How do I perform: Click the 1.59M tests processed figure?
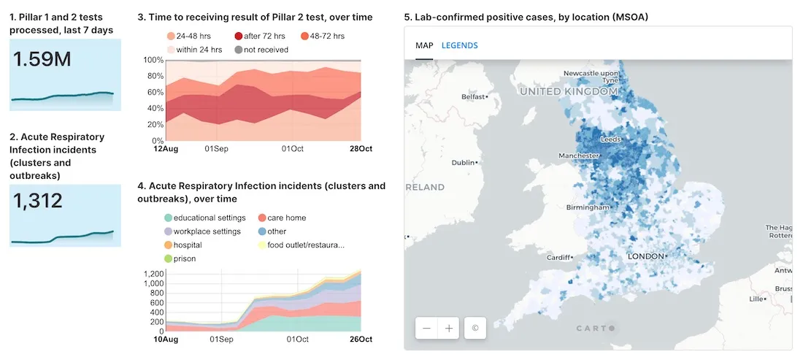(x=42, y=59)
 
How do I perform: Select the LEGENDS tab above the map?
(x=460, y=45)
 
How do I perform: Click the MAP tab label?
(x=424, y=45)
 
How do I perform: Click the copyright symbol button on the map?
(x=474, y=328)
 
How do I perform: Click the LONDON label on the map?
(x=646, y=256)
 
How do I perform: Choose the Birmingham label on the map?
(x=587, y=207)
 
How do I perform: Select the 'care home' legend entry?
(x=286, y=218)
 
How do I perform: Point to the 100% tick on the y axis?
(x=153, y=60)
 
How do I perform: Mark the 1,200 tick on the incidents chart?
(x=154, y=274)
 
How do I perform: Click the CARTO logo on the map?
(x=595, y=328)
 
